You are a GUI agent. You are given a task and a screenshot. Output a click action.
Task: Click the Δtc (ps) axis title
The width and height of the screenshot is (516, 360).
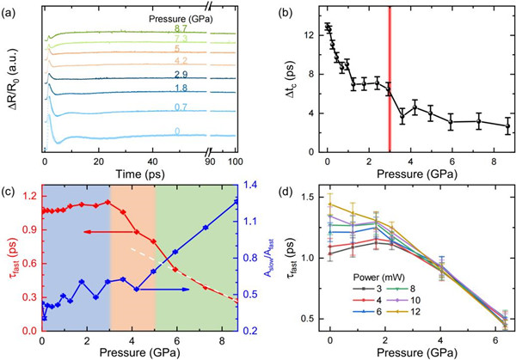click(x=290, y=81)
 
